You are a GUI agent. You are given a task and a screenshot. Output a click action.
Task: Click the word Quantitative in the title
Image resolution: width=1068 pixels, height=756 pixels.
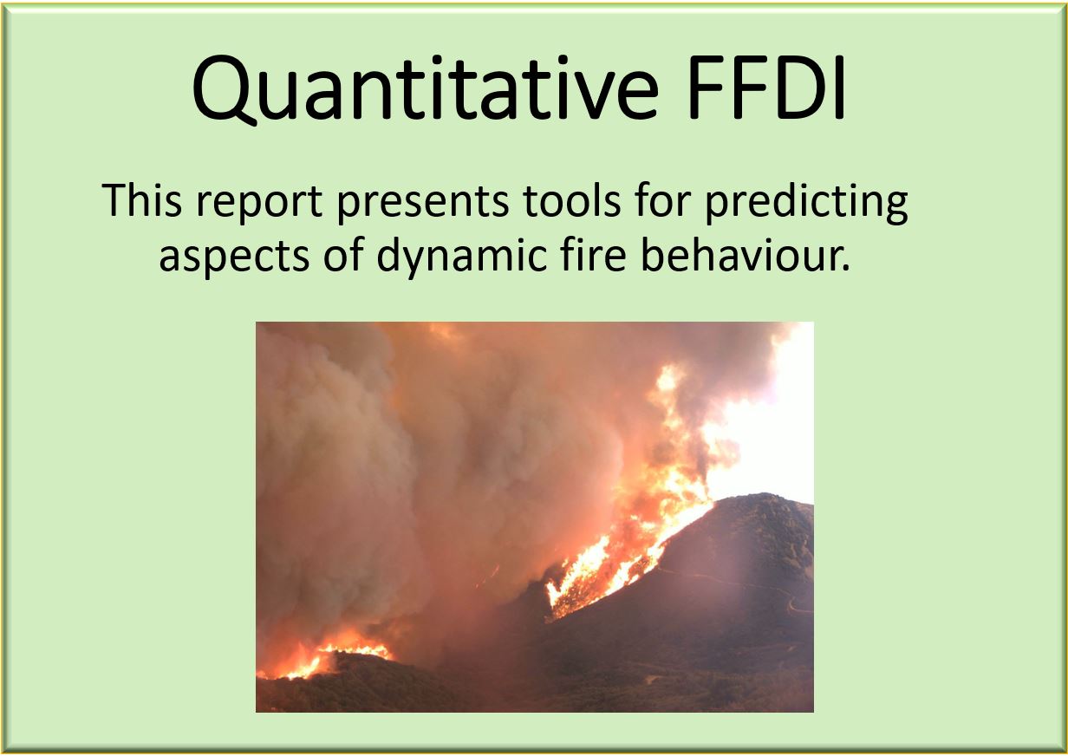pos(426,90)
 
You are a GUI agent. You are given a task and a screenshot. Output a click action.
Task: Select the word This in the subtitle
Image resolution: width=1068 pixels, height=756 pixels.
pos(141,200)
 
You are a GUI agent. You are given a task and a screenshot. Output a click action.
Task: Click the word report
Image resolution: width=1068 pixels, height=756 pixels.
pos(259,204)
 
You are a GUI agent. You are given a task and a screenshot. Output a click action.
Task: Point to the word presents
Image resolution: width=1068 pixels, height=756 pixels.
pos(423,204)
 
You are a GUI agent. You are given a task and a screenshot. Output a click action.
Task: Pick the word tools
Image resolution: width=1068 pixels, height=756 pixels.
pos(571,200)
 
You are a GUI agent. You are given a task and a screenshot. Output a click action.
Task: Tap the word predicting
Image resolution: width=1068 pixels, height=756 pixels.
pos(806,203)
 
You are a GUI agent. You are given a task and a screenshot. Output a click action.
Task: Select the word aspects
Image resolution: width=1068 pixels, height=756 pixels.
pos(234,257)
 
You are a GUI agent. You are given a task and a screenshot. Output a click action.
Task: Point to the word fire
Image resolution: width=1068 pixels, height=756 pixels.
pos(594,254)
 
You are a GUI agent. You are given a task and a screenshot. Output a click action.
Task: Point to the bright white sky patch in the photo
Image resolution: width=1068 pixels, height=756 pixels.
pos(768,429)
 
